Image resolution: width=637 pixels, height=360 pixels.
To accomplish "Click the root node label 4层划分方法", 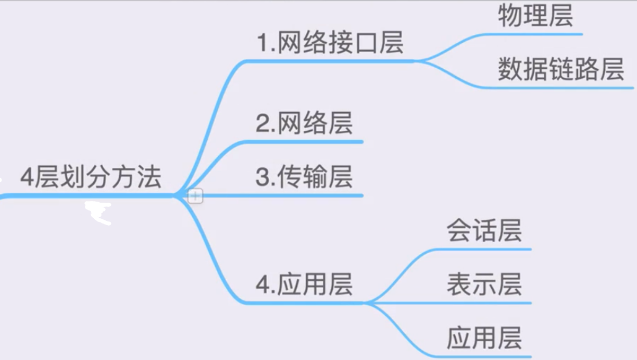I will [x=91, y=178].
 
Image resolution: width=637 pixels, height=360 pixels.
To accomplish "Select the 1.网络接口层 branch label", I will [x=330, y=43].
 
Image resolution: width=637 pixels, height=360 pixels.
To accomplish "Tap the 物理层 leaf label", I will [x=535, y=16].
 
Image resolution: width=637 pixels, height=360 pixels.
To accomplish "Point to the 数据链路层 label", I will [x=560, y=70].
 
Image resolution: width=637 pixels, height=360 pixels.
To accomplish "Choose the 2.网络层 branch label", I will [x=304, y=124].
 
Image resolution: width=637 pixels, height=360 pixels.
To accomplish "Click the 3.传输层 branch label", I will [x=304, y=177].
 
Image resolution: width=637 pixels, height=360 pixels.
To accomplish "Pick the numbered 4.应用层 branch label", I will [x=304, y=284].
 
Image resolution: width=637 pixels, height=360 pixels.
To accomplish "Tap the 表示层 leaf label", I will [x=484, y=284].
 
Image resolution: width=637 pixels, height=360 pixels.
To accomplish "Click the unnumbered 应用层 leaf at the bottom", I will [x=484, y=338].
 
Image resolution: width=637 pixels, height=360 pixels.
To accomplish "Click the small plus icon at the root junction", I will [x=195, y=196].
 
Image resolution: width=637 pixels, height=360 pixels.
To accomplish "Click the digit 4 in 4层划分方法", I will [x=27, y=178].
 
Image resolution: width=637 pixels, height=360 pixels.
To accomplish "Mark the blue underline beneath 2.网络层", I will [x=313, y=141].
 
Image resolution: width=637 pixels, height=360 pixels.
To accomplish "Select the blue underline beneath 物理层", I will [x=536, y=34].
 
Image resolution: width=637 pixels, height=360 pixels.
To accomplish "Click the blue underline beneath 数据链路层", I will [x=563, y=88].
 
